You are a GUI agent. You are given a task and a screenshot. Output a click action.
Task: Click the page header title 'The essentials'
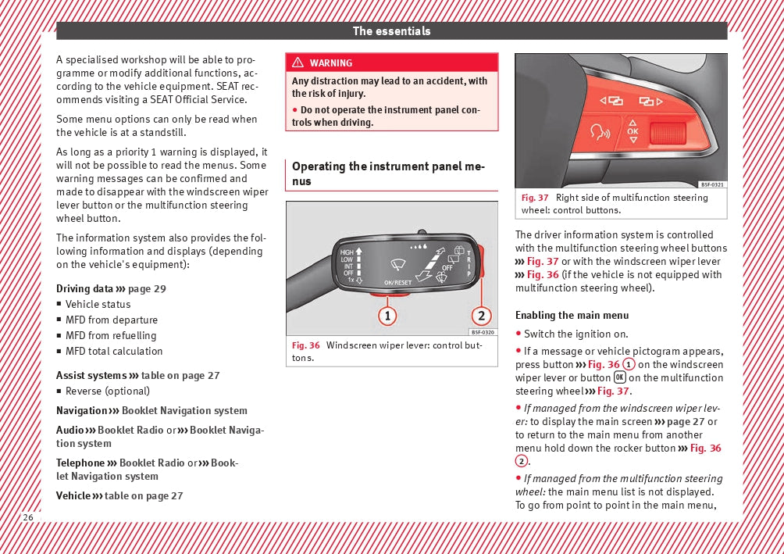pos(391,31)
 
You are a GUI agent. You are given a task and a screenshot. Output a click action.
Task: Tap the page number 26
pos(28,518)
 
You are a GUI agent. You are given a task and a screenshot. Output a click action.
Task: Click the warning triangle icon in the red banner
pos(298,63)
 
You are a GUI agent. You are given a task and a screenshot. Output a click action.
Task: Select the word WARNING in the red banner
pos(330,63)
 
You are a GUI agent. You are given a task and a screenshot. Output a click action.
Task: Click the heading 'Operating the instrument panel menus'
pos(388,173)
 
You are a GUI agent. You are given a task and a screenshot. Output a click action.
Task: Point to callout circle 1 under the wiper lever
pos(387,316)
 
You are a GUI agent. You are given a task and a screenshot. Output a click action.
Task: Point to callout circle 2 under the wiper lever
pos(482,316)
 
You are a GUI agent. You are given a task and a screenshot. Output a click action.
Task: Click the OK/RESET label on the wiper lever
pos(397,282)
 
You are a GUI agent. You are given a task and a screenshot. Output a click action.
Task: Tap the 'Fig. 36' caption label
pos(305,345)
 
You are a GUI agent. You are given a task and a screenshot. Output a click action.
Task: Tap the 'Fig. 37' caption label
pos(535,198)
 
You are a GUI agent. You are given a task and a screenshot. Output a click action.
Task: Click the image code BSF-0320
pos(483,332)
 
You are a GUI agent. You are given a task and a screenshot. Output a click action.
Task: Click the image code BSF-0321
pos(712,184)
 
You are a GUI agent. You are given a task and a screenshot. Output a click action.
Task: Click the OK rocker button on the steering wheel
pos(633,131)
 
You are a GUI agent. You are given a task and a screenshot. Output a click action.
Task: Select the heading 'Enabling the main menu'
pos(572,316)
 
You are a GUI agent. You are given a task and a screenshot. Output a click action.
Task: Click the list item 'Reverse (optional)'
pos(107,391)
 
